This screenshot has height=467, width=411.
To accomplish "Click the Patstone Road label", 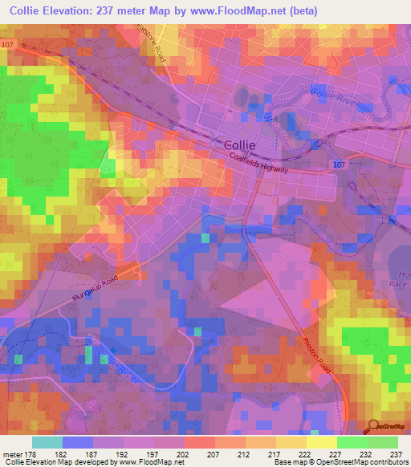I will pyautogui.click(x=156, y=48).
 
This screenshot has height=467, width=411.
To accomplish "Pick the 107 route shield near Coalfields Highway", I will pyautogui.click(x=340, y=164).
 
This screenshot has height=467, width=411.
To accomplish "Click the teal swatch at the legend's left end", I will pyautogui.click(x=47, y=442).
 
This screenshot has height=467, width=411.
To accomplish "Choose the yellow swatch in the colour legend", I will pyautogui.click(x=322, y=442).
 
